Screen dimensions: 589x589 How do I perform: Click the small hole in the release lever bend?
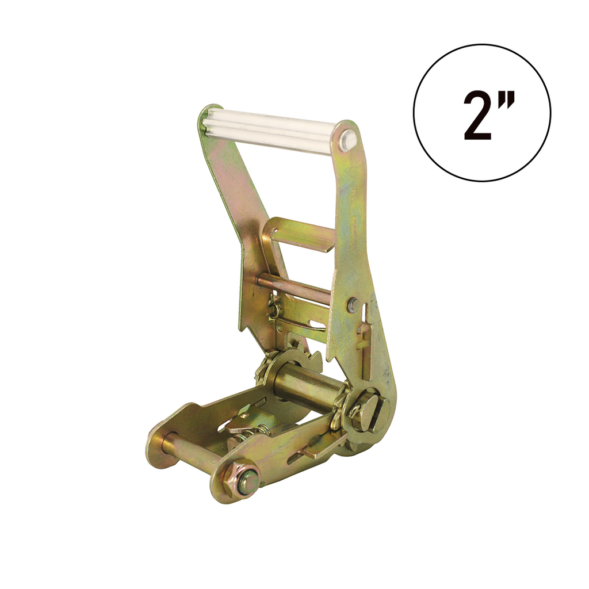coord(280,328)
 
